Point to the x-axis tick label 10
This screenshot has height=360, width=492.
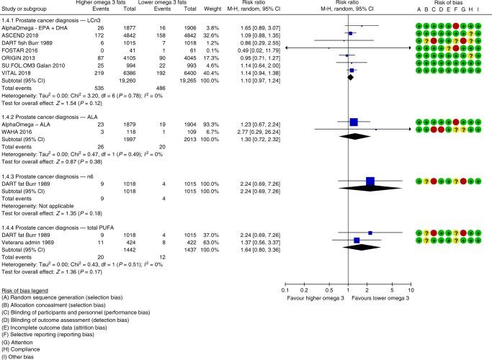pos(411,289)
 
